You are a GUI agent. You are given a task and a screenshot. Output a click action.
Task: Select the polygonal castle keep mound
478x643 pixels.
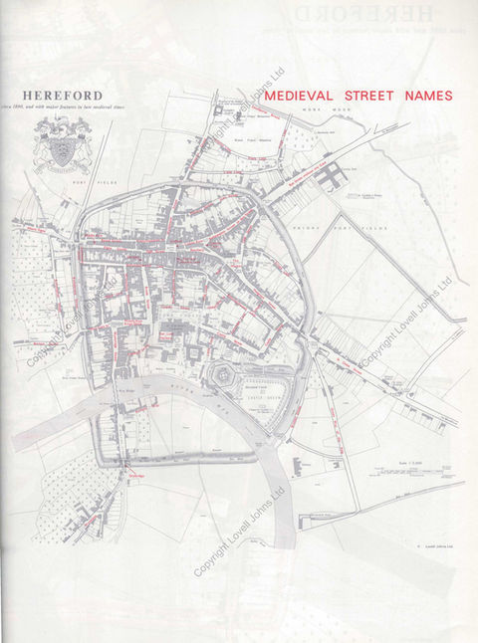pyautogui.click(x=226, y=377)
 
